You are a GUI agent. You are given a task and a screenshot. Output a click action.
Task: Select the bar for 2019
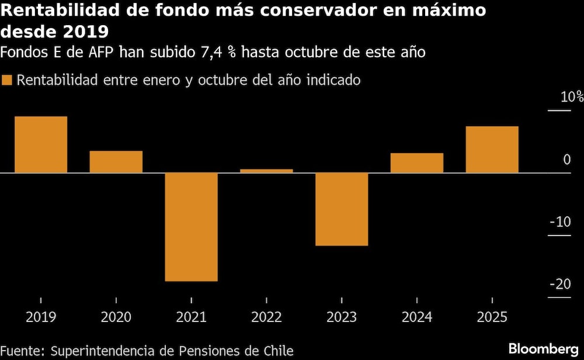(41, 144)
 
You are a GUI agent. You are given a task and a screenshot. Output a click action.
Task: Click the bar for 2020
(116, 162)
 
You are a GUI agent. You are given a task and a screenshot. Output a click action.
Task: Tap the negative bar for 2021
(191, 227)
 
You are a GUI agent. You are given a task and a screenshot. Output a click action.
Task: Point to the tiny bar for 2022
(266, 171)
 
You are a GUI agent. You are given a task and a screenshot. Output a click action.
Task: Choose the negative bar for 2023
(342, 209)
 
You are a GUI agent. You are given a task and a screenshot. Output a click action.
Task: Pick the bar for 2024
(417, 163)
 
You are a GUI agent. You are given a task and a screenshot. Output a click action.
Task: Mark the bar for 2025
(492, 150)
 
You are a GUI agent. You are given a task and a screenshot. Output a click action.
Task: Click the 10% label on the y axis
(572, 97)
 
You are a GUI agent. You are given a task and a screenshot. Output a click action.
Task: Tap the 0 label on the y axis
(566, 160)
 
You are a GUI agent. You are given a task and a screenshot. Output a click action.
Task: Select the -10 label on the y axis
(560, 222)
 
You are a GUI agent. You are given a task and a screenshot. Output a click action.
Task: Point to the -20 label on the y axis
(560, 284)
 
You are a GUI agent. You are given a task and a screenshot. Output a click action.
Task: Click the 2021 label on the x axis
(191, 317)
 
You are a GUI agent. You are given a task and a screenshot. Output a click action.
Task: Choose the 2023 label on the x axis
(342, 317)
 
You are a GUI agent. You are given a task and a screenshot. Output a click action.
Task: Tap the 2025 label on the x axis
(492, 317)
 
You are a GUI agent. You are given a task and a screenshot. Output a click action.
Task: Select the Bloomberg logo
(541, 349)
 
